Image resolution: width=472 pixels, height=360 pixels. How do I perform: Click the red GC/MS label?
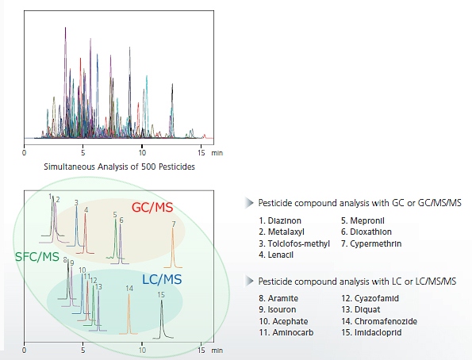pos(152,207)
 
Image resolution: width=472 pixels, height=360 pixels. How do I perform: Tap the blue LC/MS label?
pos(162,280)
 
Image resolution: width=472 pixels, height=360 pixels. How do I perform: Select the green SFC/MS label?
pos(37,257)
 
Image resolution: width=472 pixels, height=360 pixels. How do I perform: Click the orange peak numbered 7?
pos(173,247)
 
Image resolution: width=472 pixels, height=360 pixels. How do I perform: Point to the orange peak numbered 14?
pos(129,314)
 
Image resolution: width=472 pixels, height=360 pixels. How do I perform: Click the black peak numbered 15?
pos(163,319)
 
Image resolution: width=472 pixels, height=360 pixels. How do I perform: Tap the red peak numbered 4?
pos(86,233)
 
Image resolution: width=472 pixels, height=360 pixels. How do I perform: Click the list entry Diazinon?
pos(280,220)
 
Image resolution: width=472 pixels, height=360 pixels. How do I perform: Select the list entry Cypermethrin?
pos(371,243)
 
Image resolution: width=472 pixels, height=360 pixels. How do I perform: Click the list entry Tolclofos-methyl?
pos(294,243)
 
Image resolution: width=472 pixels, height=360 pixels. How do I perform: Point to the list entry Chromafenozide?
pos(379,321)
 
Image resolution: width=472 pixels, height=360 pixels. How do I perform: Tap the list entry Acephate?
pos(283,321)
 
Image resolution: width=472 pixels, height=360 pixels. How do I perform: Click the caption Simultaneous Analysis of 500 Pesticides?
pos(119,167)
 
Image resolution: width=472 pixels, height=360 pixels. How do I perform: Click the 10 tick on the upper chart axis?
pos(142,152)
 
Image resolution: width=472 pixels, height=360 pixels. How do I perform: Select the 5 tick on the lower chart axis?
pos(83,350)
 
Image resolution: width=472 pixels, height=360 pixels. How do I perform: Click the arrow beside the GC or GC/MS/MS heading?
pos(249,203)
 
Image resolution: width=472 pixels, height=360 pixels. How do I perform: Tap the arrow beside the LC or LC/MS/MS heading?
pos(249,281)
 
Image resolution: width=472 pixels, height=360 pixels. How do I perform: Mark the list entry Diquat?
pos(361,310)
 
